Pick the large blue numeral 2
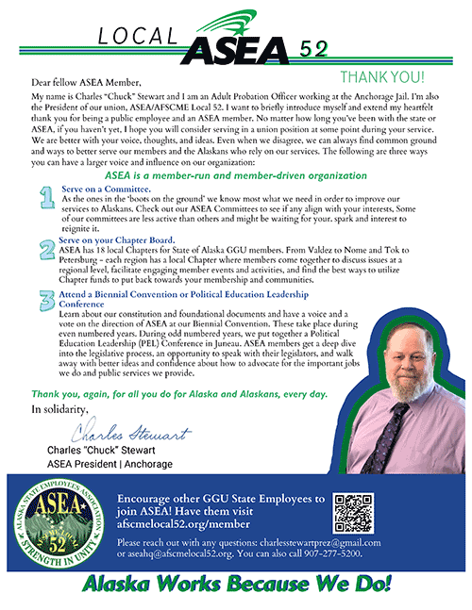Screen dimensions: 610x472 (44, 250)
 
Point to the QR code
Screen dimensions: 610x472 (353, 513)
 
